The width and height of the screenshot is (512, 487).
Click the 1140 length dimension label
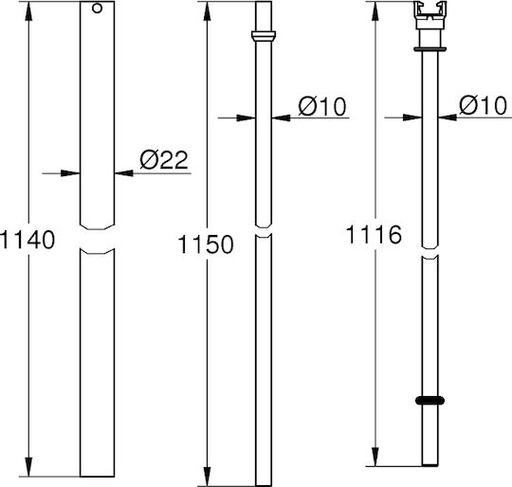(27, 240)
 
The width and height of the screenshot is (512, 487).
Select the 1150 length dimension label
(206, 244)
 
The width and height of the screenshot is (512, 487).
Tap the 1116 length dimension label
(374, 235)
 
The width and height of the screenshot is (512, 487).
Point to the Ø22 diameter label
(164, 159)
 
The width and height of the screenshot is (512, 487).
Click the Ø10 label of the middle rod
(322, 106)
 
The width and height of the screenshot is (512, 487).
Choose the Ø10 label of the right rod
(484, 105)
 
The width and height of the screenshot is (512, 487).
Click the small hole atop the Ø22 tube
(97, 9)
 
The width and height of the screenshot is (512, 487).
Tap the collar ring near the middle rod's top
(264, 35)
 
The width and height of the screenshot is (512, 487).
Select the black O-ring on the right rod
(430, 400)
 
